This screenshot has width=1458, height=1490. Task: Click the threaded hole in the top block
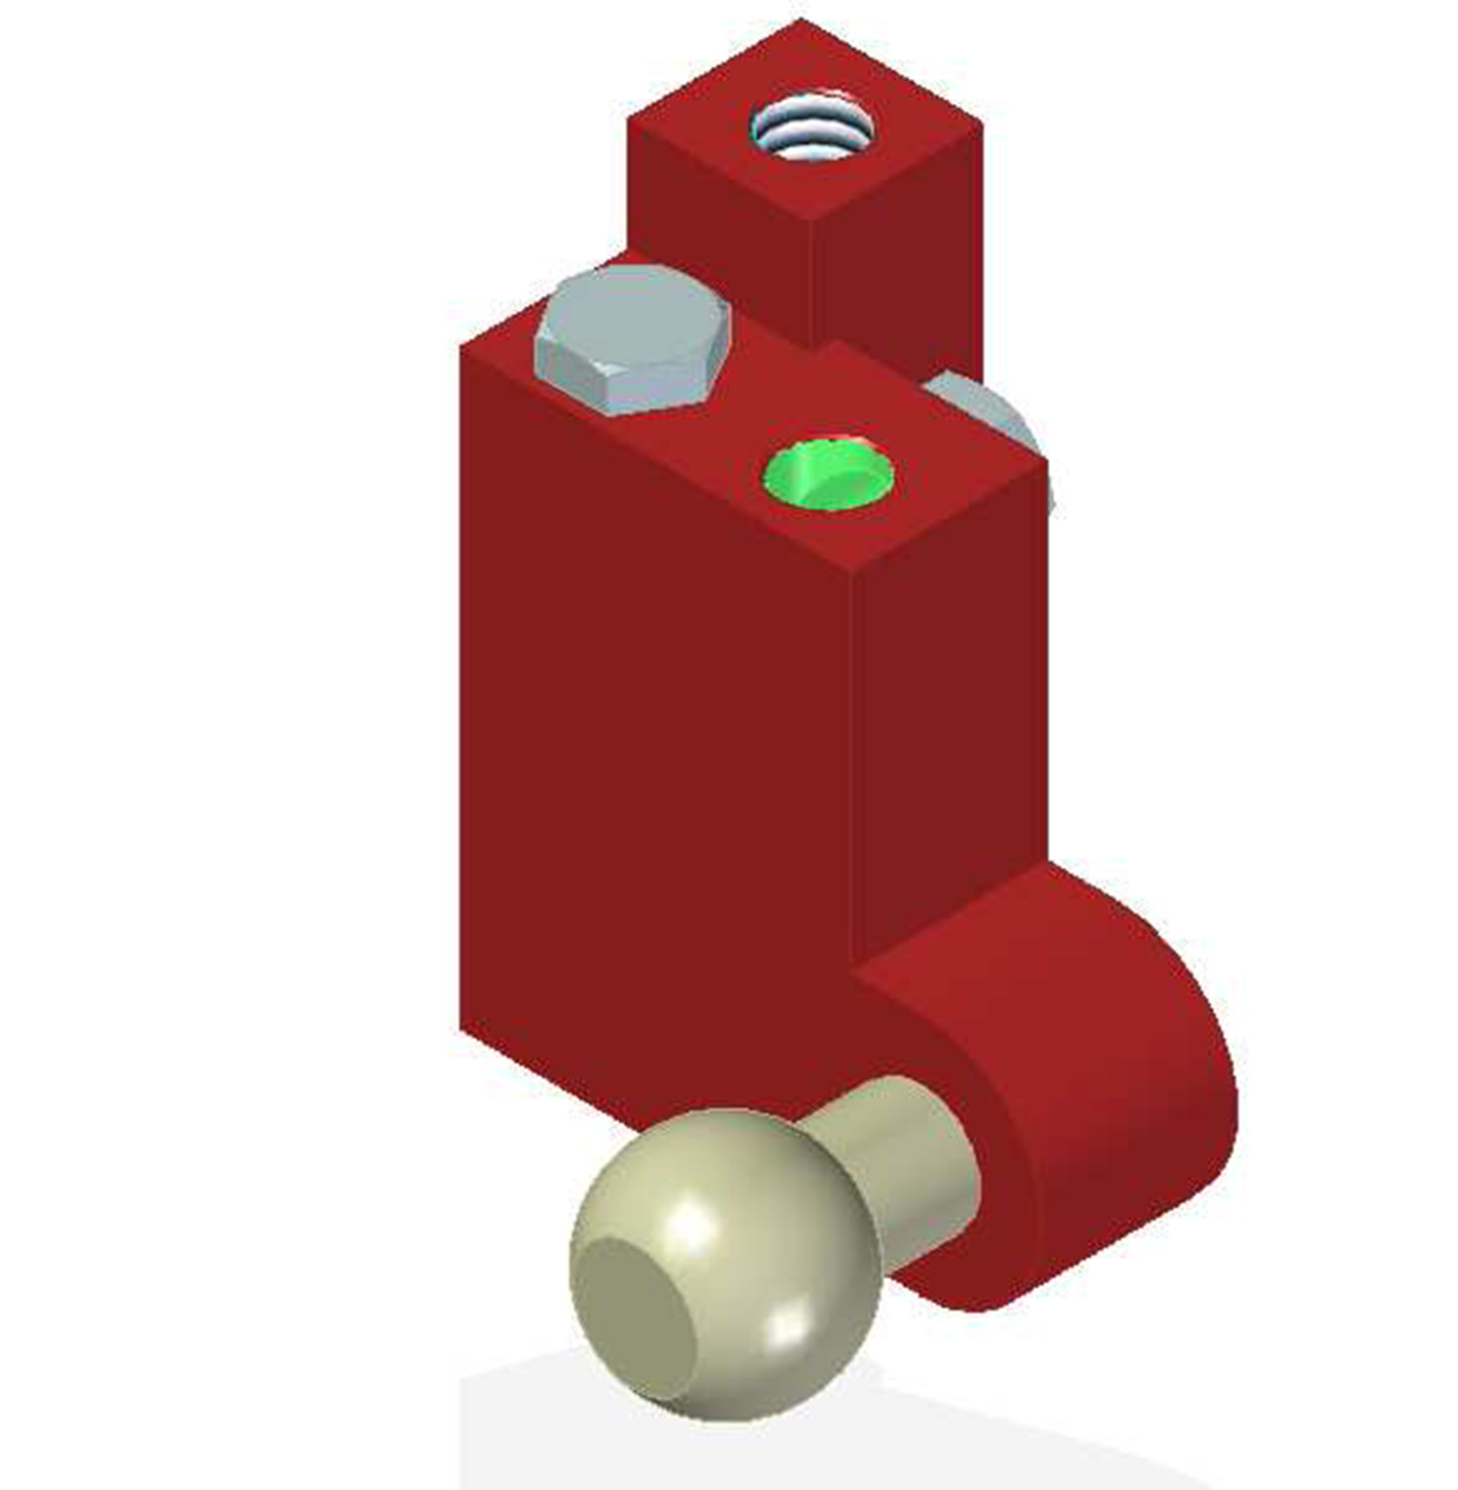812,127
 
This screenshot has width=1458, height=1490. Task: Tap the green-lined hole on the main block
828,474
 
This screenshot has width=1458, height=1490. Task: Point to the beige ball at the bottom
724,1264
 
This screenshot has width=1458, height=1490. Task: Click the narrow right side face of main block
948,700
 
